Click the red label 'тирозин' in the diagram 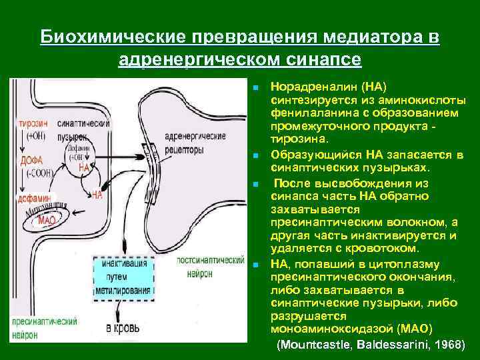[x=32, y=125]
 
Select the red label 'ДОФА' [x=31, y=160]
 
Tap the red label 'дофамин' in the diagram [x=33, y=198]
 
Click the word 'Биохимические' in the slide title [x=112, y=38]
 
